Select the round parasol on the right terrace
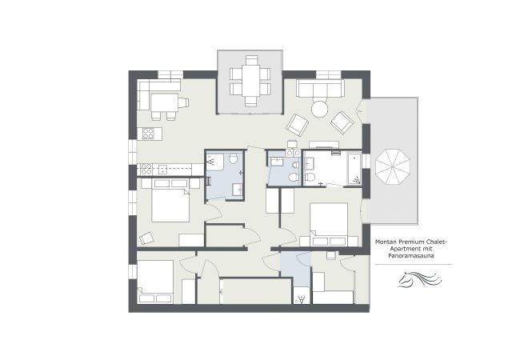point(393,166)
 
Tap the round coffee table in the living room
point(319,108)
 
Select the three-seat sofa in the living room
point(320,88)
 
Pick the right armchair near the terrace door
point(342,122)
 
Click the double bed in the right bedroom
point(329,224)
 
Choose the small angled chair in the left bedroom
point(146,238)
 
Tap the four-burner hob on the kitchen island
point(147,134)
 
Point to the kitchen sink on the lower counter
point(162,169)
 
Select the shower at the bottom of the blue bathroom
point(301,298)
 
